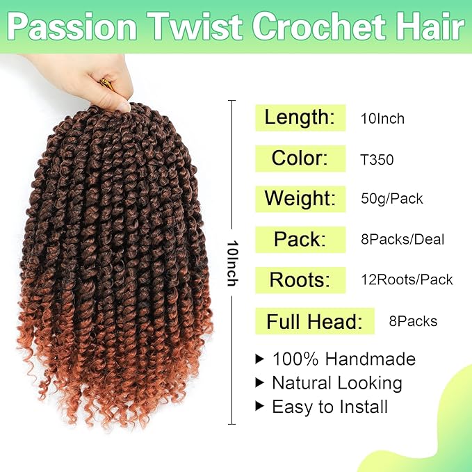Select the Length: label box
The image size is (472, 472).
(x=300, y=117)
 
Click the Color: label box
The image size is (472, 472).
(x=300, y=158)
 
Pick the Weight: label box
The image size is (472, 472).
(x=300, y=199)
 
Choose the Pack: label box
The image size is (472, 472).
(x=300, y=239)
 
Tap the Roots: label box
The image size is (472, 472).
(x=300, y=279)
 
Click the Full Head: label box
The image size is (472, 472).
(x=315, y=322)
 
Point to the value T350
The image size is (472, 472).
(x=377, y=160)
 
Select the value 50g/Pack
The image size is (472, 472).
(x=391, y=200)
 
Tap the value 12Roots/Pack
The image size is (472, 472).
(x=406, y=280)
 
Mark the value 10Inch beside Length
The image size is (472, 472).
(x=382, y=119)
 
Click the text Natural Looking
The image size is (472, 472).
(x=336, y=382)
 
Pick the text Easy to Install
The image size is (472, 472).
(x=329, y=406)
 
